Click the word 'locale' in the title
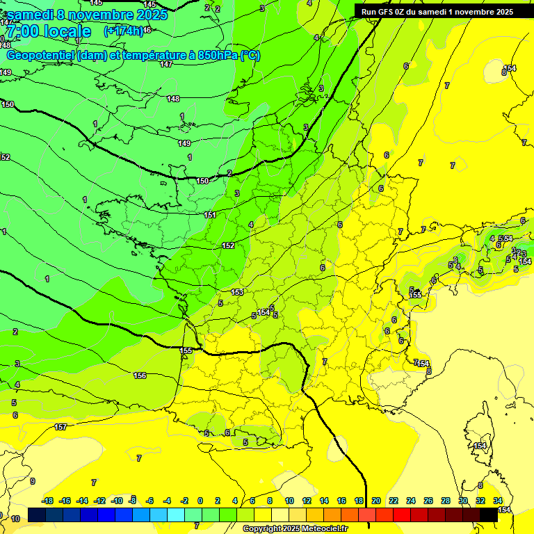[x=66, y=32]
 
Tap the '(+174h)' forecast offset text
[x=122, y=31]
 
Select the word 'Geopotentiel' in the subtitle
[x=39, y=56]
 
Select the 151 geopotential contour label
[x=209, y=215]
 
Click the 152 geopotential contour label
[x=228, y=245]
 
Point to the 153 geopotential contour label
[x=237, y=292]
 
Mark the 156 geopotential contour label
[x=140, y=375]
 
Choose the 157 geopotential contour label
[x=60, y=427]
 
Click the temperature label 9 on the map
[x=32, y=481]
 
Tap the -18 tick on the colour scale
[x=48, y=501]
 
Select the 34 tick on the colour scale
[x=497, y=501]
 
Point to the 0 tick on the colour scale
[x=200, y=501]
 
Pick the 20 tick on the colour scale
[x=376, y=501]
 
